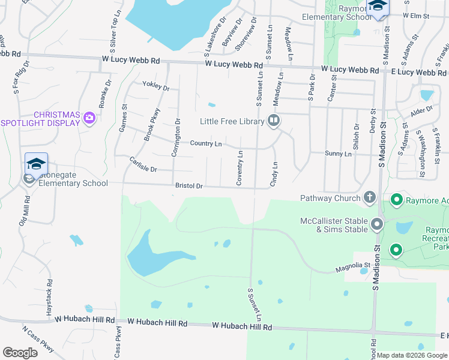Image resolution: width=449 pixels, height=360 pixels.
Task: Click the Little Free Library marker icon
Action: pyautogui.click(x=274, y=121)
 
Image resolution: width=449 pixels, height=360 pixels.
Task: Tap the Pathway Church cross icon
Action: pyautogui.click(x=369, y=197)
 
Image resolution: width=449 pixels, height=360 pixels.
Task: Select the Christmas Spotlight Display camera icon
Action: pyautogui.click(x=89, y=117)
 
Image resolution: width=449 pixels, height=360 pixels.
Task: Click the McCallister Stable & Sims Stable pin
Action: pyautogui.click(x=377, y=224)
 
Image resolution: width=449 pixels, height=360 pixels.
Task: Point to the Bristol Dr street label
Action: pyautogui.click(x=189, y=186)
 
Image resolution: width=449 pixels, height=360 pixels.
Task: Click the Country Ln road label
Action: pyautogui.click(x=206, y=144)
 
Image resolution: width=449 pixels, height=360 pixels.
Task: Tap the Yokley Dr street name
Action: pyautogui.click(x=156, y=86)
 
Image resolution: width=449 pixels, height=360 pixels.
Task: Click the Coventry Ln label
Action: pyautogui.click(x=240, y=168)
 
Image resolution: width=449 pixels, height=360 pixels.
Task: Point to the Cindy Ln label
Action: pyautogui.click(x=274, y=173)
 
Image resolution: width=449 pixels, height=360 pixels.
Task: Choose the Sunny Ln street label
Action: pyautogui.click(x=338, y=154)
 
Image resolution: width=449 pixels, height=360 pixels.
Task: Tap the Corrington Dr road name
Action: pyautogui.click(x=176, y=138)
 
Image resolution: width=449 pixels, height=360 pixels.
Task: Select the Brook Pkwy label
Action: pyautogui.click(x=151, y=124)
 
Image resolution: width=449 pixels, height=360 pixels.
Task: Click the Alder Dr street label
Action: pyautogui.click(x=421, y=111)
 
